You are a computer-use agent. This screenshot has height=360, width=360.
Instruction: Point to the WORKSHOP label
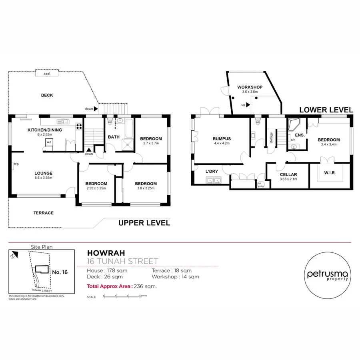click(x=250, y=87)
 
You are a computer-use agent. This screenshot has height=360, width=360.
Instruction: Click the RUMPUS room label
click(x=222, y=139)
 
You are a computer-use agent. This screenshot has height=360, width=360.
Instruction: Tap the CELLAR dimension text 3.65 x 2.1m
click(x=288, y=180)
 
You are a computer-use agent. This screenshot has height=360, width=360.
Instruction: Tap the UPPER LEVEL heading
click(x=144, y=223)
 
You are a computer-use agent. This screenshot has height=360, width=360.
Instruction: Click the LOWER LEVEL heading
click(x=326, y=110)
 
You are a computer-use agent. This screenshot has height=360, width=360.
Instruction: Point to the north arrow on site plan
click(x=14, y=254)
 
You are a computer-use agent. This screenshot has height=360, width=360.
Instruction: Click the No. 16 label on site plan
click(x=60, y=272)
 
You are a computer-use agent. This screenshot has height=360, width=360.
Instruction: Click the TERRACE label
click(x=43, y=213)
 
